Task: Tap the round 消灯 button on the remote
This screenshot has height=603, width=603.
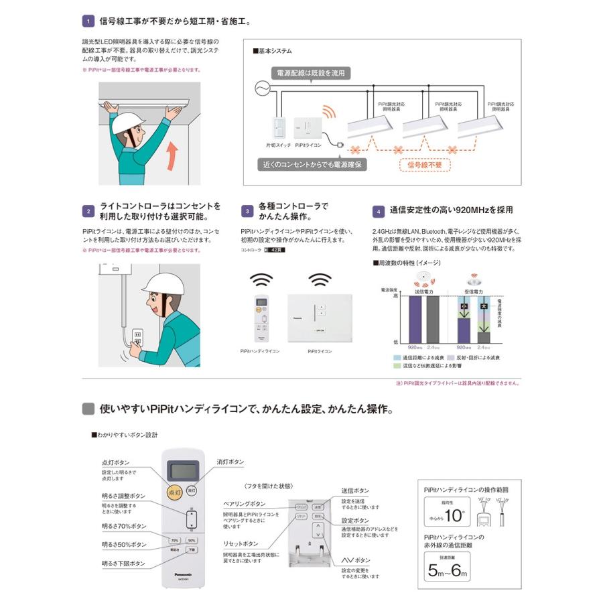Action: tap(192, 490)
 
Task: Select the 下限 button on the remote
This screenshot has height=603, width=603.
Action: tap(192, 549)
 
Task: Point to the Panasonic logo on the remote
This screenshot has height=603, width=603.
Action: tap(182, 575)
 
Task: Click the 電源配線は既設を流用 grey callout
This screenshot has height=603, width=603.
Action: tap(311, 73)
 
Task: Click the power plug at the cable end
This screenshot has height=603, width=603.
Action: tap(340, 143)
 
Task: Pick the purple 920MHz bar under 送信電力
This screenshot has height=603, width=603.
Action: tap(415, 319)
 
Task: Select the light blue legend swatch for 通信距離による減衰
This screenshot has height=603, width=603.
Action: tap(397, 358)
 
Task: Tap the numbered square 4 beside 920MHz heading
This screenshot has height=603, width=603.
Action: tap(378, 211)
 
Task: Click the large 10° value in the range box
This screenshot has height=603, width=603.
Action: tap(454, 516)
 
